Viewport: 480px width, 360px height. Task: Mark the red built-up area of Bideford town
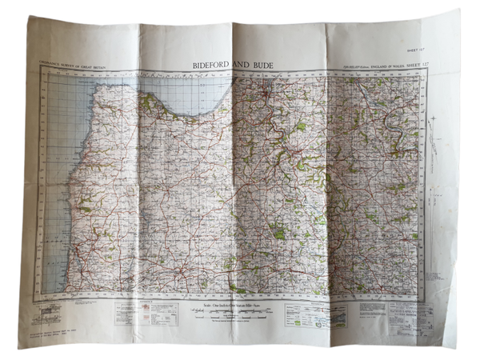tap(266, 98)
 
